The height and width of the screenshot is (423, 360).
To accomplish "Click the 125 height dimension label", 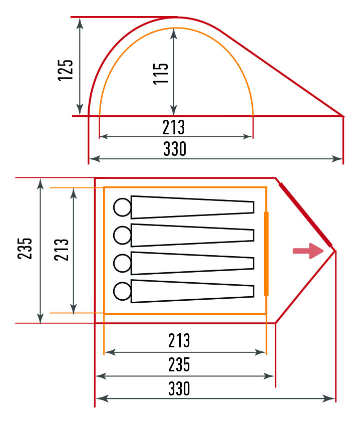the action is click(66, 70).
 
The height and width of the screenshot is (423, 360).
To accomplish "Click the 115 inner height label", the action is click(161, 74).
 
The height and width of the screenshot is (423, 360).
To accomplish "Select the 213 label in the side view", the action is click(174, 127).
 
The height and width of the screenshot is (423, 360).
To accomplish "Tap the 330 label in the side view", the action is click(175, 149).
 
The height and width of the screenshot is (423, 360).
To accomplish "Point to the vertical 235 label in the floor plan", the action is click(25, 249).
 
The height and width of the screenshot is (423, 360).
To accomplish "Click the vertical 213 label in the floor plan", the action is click(62, 250).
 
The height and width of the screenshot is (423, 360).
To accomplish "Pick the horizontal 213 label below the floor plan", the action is click(179, 340).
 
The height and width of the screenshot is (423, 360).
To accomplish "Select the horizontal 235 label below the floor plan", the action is click(179, 364).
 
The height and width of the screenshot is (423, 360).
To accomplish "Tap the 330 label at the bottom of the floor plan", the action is click(179, 388).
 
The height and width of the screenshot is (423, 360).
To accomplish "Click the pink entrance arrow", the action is click(308, 251).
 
